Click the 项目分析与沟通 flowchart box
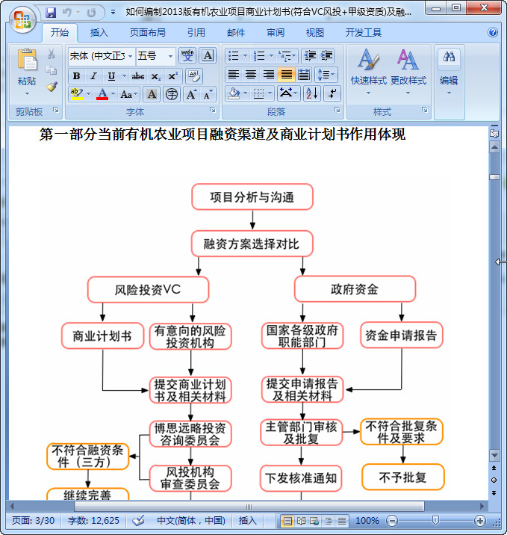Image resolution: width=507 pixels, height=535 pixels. coord(252,197)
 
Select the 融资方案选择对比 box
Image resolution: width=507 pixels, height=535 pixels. coord(252,244)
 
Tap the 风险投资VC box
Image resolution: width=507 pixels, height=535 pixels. coord(148,290)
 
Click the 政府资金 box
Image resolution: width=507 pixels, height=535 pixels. coord(355,289)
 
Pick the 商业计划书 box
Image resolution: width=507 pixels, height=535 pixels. coord(102,336)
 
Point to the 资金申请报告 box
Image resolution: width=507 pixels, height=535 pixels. coord(401,335)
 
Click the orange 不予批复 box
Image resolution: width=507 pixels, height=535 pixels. coord(403,477)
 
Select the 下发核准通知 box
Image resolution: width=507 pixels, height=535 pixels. coord(301,478)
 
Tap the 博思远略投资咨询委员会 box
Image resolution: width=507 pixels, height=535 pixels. coord(190,434)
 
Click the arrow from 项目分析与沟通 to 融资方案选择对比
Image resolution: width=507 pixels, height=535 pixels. coord(252,220)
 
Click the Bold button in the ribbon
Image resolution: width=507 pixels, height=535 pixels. coord(76,76)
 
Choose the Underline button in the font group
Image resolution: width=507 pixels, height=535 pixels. coord(111,76)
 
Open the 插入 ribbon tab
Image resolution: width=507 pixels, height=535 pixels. coord(99,32)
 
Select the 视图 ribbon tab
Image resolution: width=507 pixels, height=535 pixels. coord(314,32)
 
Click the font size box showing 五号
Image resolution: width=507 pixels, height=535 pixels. coord(156,55)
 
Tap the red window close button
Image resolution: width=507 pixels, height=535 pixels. coord(484,7)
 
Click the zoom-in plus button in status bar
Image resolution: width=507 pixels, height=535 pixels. coord(479,521)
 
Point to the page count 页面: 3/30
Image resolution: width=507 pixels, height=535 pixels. coord(33,521)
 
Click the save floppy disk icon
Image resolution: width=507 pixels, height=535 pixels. coord(51,13)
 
